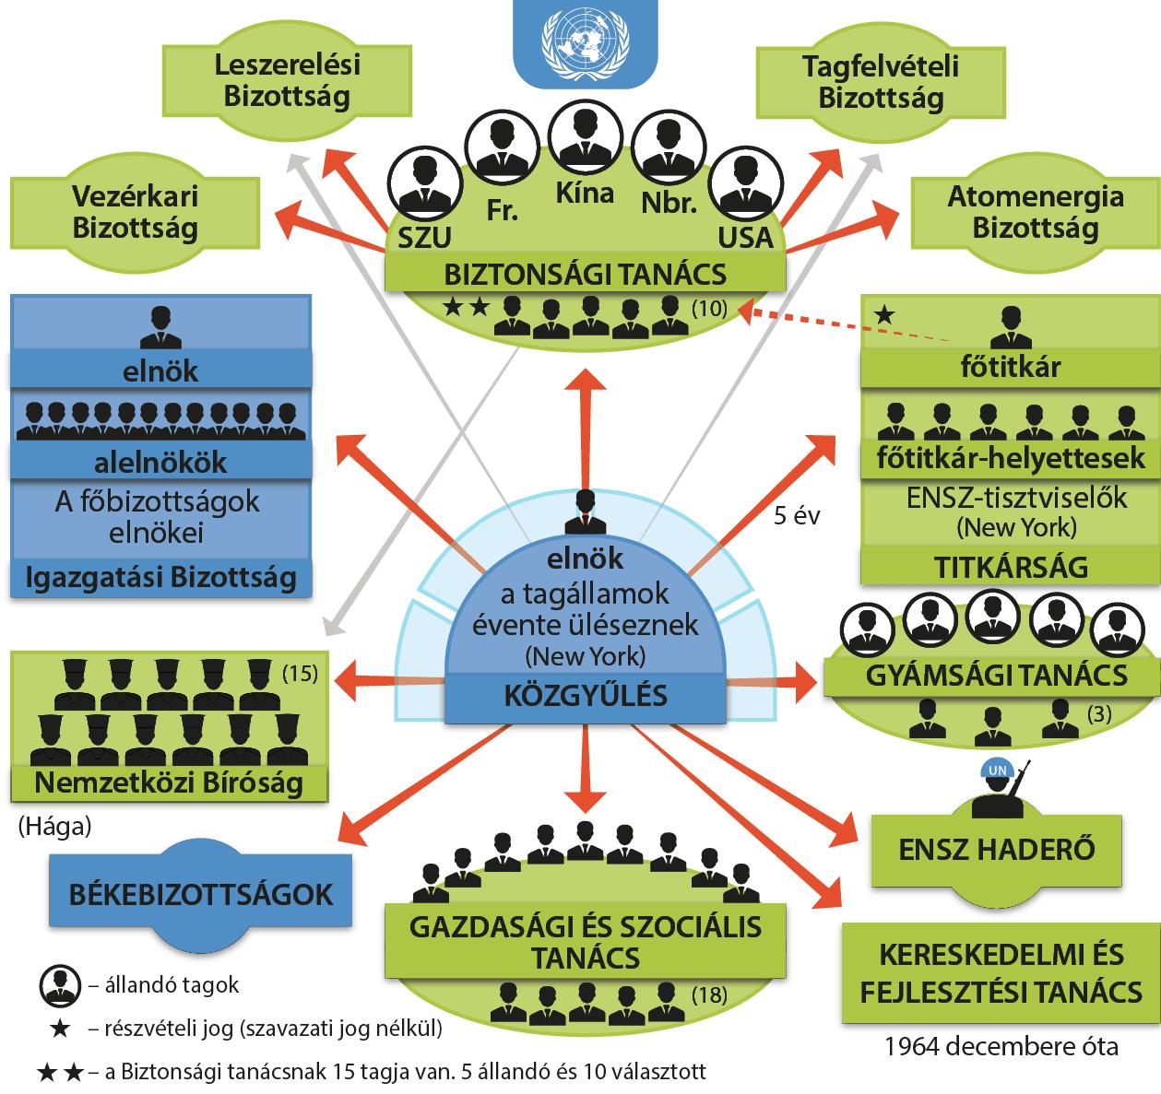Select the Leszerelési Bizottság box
pyautogui.click(x=287, y=81)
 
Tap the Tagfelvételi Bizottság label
pyautogui.click(x=881, y=82)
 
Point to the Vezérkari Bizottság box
pyautogui.click(x=135, y=213)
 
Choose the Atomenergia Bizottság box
pyautogui.click(x=1036, y=213)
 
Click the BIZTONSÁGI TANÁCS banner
pyautogui.click(x=586, y=275)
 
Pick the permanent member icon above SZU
pyautogui.click(x=425, y=184)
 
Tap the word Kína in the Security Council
pyautogui.click(x=585, y=194)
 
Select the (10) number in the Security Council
pyautogui.click(x=709, y=309)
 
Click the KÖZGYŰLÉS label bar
pyautogui.click(x=586, y=696)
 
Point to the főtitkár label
pyautogui.click(x=1010, y=367)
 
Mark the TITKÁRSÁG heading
pyautogui.click(x=1011, y=568)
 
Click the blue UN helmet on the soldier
pyautogui.click(x=997, y=771)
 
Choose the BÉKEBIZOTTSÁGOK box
pyautogui.click(x=200, y=895)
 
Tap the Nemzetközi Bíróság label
pyautogui.click(x=169, y=783)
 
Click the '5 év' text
pyautogui.click(x=797, y=515)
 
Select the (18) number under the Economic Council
pyautogui.click(x=709, y=994)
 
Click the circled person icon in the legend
pyautogui.click(x=60, y=985)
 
